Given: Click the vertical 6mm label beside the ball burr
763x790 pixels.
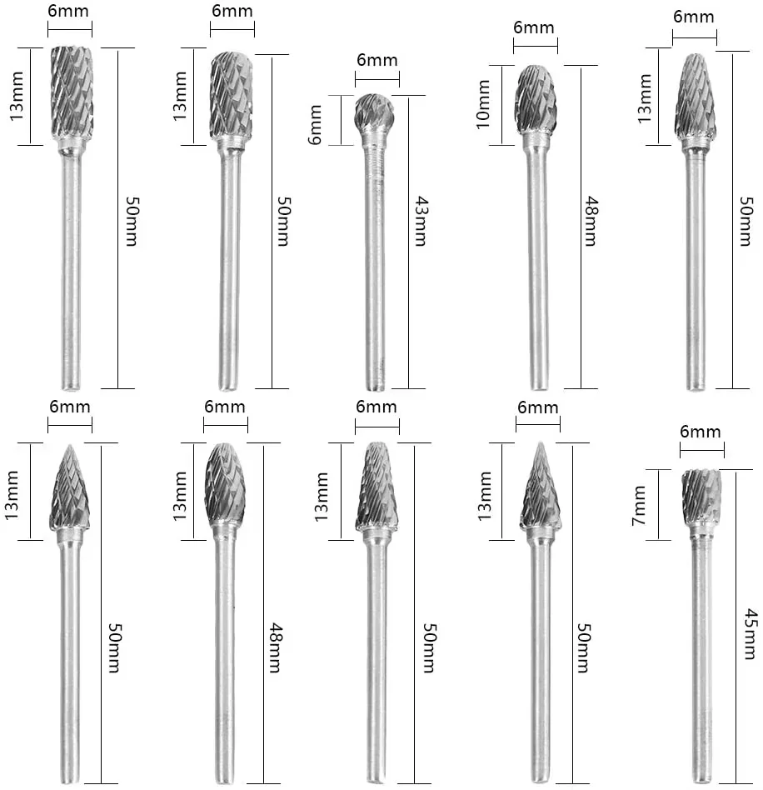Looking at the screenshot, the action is (314, 122).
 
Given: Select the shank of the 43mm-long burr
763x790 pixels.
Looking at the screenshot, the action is (377, 267).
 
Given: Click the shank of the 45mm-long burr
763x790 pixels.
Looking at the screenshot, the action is (701, 658).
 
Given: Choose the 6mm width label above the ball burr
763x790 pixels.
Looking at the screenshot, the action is (377, 61).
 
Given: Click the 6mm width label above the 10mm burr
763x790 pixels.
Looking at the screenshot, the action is (534, 27).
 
